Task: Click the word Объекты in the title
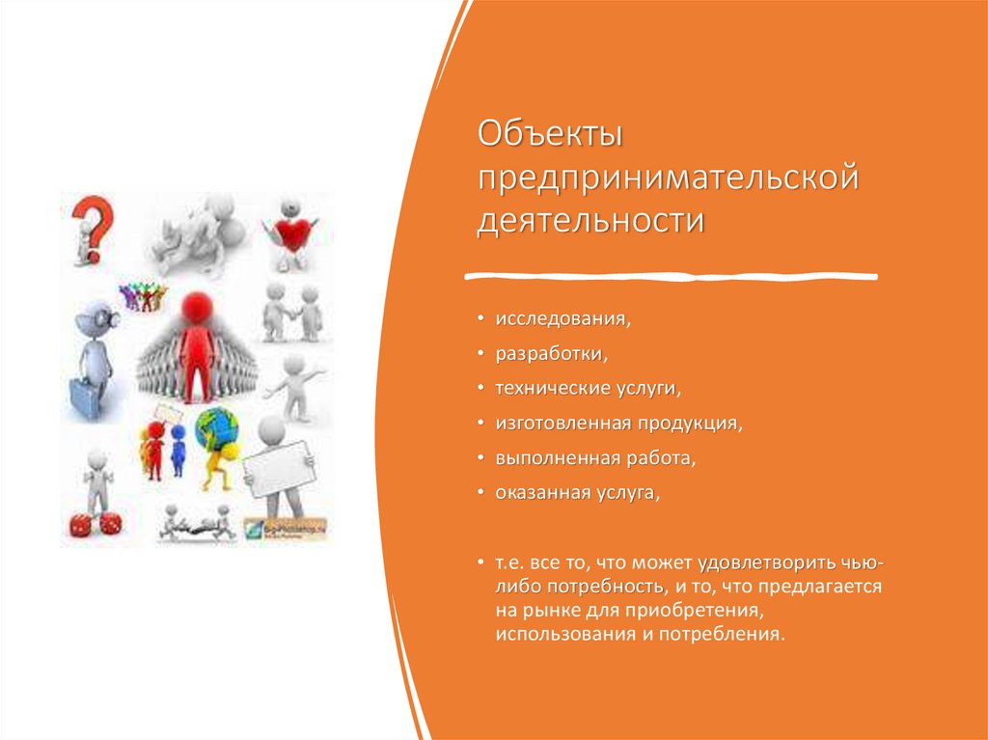coord(550,134)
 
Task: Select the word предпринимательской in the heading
coord(668,178)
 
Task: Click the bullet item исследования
coord(563,319)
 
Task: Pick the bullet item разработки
coord(551,354)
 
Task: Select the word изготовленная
coord(563,423)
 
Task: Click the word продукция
coord(690,424)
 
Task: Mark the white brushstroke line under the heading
coord(672,276)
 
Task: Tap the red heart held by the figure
coord(293,234)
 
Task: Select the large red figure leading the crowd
coord(197,346)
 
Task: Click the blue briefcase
coord(85,396)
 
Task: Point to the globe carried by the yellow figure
coord(216,428)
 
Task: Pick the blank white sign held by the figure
coord(279,468)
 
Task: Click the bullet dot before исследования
coord(480,319)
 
